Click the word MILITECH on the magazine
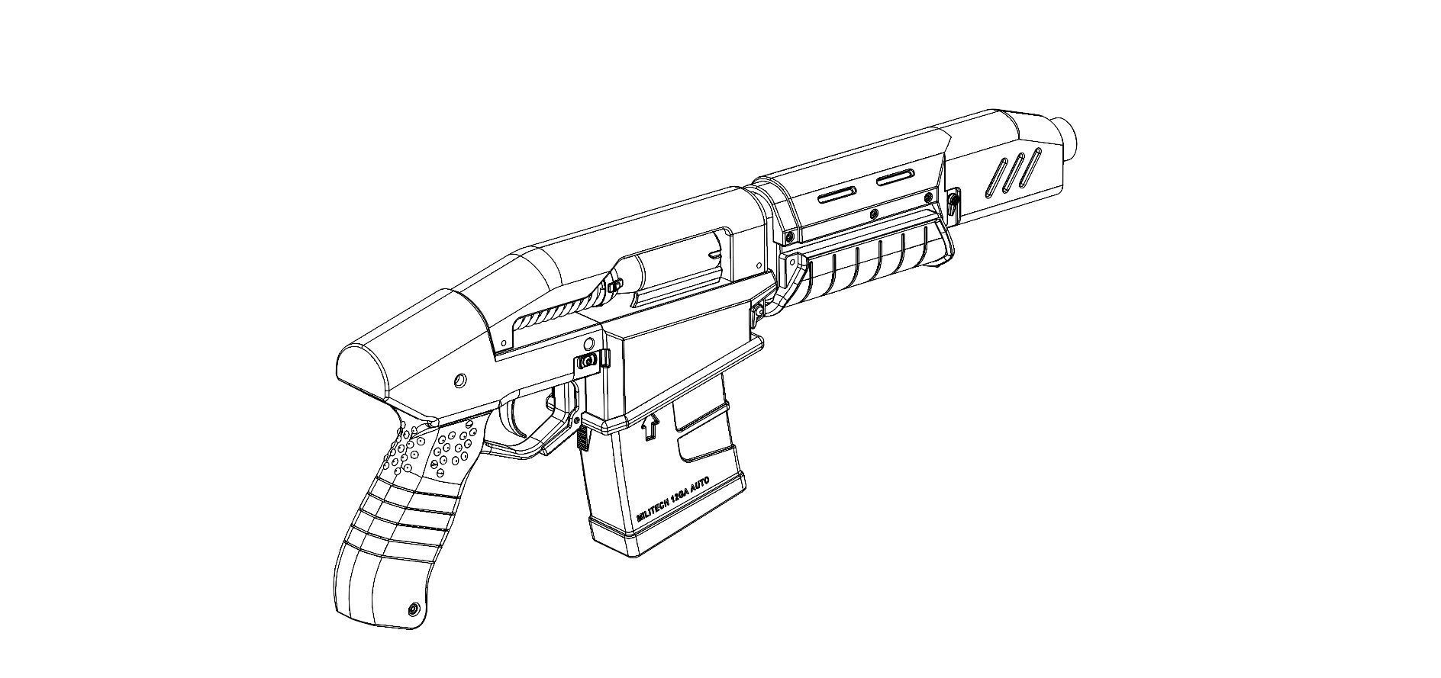653,506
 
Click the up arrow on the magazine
650,426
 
